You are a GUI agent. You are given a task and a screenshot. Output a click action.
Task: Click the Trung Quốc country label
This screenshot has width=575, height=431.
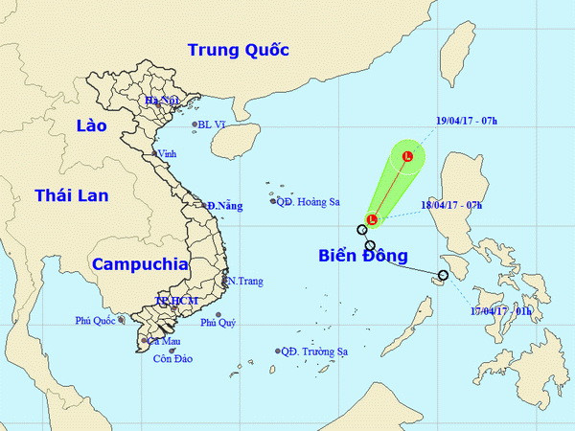(x=238, y=50)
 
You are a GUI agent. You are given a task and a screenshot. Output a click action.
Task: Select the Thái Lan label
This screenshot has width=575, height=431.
(x=72, y=195)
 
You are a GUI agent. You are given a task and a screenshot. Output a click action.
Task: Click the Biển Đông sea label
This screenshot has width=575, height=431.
(x=363, y=256)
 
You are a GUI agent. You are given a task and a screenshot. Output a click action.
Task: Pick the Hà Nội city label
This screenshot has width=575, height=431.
(x=163, y=101)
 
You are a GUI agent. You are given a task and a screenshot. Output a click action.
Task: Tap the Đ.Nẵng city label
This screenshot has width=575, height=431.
(x=225, y=205)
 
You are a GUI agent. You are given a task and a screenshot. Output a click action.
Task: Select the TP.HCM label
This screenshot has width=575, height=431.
(x=176, y=301)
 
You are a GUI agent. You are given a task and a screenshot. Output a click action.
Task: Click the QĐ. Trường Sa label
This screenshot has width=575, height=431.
(x=314, y=352)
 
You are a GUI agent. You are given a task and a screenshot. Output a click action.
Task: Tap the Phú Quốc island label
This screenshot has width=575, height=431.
(x=95, y=321)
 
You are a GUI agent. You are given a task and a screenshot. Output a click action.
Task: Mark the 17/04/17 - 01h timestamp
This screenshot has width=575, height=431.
(x=499, y=311)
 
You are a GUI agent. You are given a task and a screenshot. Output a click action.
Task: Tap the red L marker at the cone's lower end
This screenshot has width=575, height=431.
(x=371, y=219)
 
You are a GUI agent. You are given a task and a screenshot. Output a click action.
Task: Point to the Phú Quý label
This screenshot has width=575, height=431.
(x=218, y=323)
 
